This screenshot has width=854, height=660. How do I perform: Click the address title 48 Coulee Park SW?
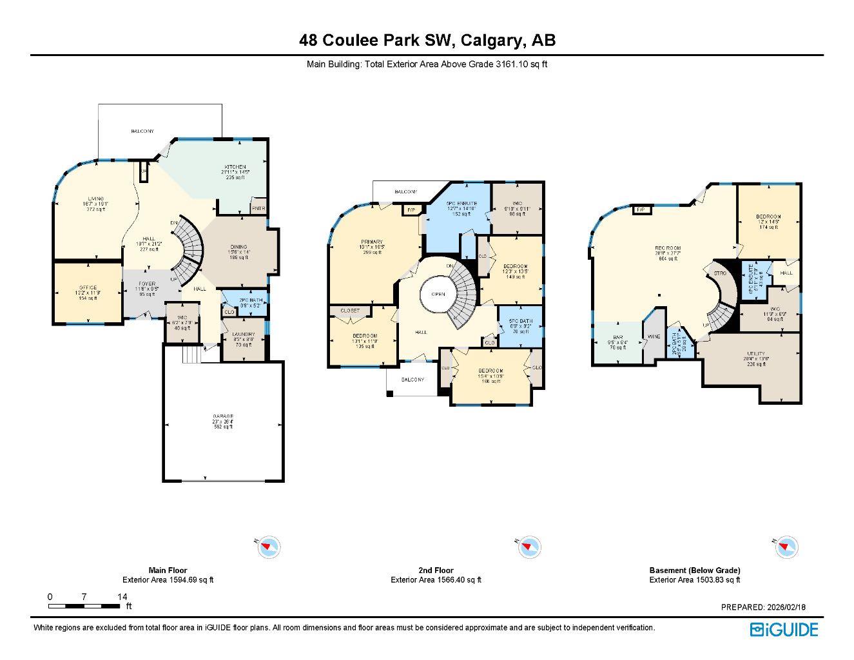coord(427,41)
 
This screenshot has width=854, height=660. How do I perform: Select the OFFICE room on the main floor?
coord(88,291)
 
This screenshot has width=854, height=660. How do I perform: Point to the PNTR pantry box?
coord(258,208)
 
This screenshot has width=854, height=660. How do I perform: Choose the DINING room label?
coord(238,251)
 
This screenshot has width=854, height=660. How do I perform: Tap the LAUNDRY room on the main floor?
coord(243,338)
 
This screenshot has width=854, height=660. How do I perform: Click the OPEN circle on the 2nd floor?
coord(438,295)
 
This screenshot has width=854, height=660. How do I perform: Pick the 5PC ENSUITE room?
coord(461,208)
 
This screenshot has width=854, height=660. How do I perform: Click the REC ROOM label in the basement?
coord(668,251)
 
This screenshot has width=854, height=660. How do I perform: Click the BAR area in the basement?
coord(617,342)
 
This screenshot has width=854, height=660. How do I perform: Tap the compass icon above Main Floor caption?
coord(269,547)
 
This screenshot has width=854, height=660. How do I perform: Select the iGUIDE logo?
coord(784,629)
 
